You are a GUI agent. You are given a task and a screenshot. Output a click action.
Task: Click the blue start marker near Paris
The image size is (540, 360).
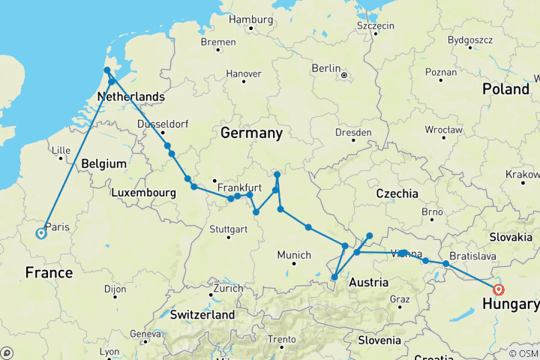(x=40, y=233)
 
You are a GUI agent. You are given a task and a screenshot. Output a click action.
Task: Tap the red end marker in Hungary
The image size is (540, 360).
(x=499, y=289)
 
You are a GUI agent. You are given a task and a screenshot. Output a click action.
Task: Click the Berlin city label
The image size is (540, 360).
(x=326, y=68)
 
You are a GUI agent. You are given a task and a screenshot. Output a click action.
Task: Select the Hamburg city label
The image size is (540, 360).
(x=251, y=19)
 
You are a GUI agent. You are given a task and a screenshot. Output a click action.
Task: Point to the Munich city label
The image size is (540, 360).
(x=294, y=255)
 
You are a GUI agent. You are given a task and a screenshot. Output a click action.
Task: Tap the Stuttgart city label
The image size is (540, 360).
(x=228, y=228)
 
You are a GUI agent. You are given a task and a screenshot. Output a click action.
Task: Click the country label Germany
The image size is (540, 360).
(x=251, y=133)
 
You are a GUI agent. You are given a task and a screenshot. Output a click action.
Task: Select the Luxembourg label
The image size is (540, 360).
(x=143, y=193)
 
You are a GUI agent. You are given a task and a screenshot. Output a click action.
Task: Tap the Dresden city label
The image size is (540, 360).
(x=354, y=133)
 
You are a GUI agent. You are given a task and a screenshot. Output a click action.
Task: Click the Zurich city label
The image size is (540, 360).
(x=227, y=288)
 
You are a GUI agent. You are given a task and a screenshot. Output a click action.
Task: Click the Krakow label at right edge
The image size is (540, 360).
(x=523, y=174)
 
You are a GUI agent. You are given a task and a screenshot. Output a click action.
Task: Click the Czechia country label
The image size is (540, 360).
(x=397, y=193)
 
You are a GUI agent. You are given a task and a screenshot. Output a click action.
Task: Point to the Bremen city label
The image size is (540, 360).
(x=219, y=40)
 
